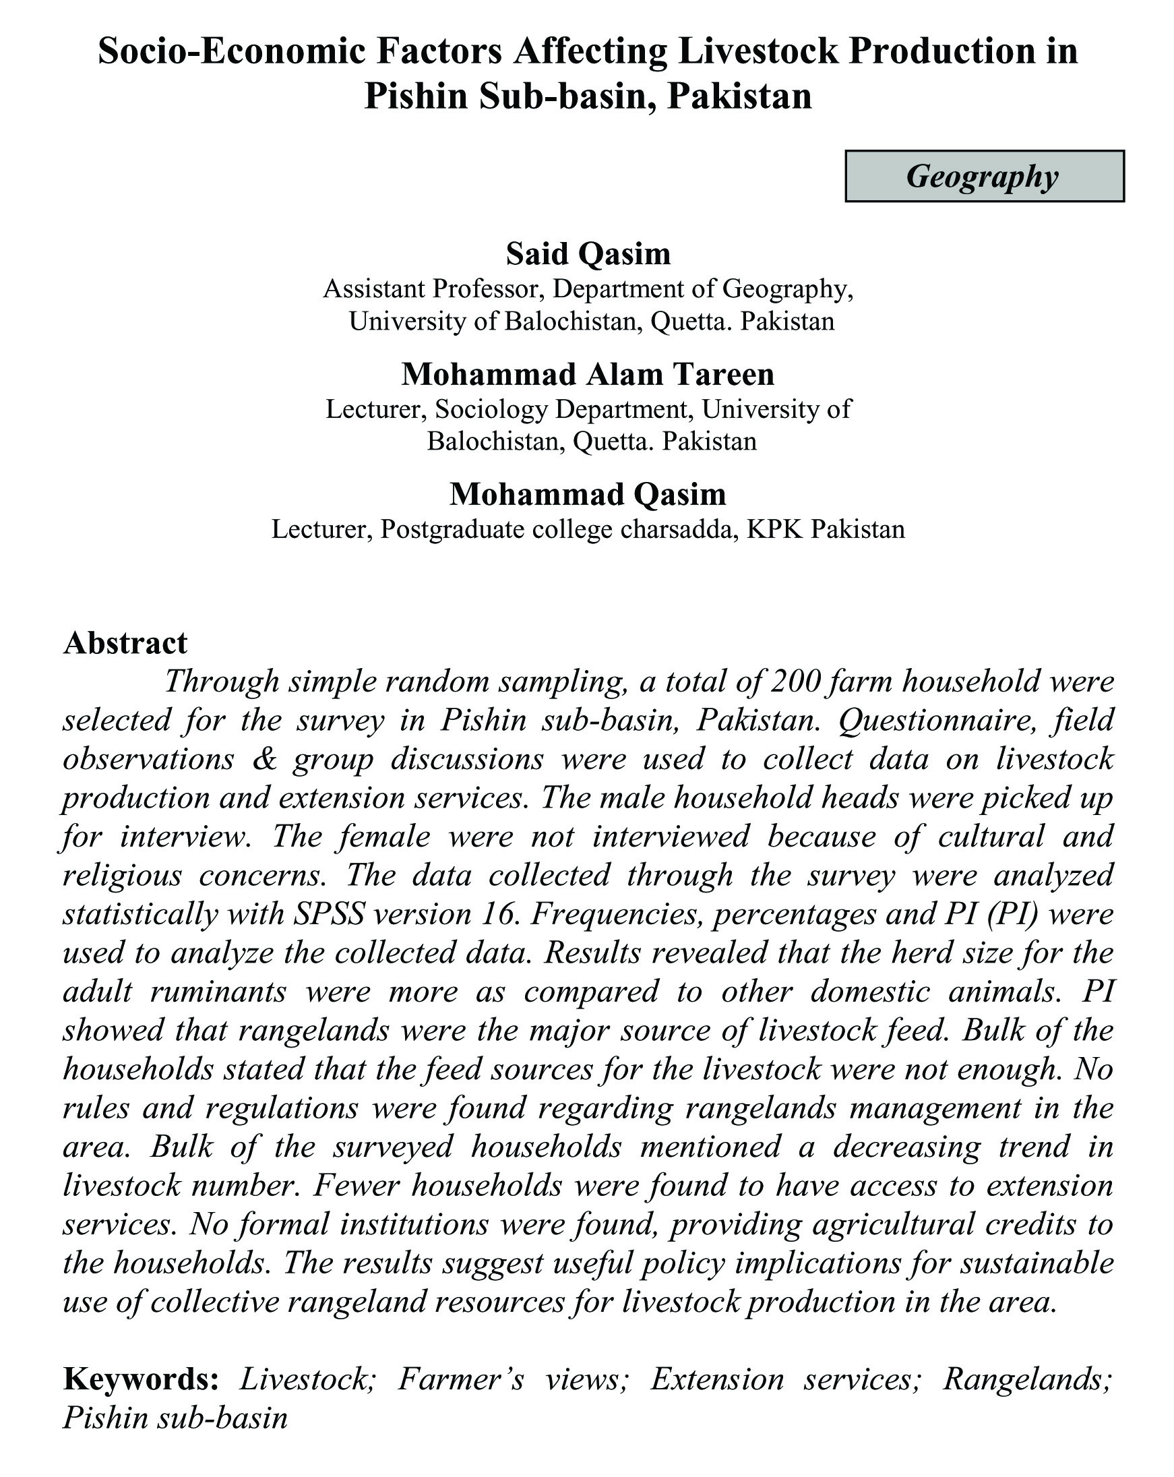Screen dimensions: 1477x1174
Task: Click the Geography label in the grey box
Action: point(982,176)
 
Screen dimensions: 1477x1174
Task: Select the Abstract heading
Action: point(125,643)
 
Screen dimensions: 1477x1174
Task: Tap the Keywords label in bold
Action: point(141,1379)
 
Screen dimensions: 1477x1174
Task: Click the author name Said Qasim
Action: point(588,254)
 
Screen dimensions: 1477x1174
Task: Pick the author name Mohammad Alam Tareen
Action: point(588,375)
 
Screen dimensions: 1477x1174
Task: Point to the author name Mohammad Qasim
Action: point(588,494)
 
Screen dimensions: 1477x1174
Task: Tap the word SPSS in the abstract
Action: point(319,915)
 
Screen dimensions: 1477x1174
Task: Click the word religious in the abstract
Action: point(122,876)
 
